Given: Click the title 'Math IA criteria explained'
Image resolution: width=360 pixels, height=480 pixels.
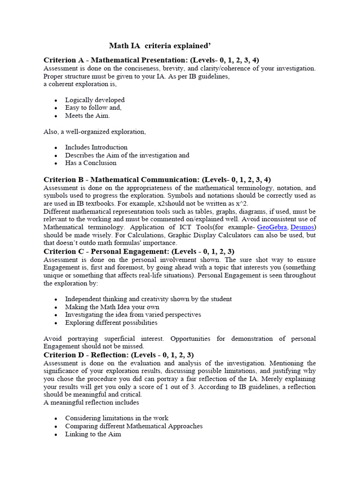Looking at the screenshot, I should [x=160, y=45].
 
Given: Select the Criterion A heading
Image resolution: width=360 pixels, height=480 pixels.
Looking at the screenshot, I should [x=151, y=60].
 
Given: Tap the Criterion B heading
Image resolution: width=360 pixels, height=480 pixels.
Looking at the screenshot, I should [x=157, y=180].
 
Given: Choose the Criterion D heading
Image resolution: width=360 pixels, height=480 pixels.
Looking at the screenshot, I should [x=118, y=355].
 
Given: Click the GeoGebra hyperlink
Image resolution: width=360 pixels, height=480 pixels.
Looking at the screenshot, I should [x=272, y=227].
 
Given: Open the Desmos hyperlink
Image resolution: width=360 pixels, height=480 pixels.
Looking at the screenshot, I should [x=302, y=227].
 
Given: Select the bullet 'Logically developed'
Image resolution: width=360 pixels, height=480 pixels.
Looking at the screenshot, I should [x=95, y=100].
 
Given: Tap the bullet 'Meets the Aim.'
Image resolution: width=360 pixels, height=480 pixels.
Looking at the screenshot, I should [x=88, y=116].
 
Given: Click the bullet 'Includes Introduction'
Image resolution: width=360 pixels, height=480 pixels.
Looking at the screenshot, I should [x=96, y=147].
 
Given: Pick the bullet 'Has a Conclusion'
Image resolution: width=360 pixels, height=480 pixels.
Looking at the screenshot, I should [x=90, y=163].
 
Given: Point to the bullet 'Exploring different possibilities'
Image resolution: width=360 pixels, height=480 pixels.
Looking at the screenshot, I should [x=111, y=322].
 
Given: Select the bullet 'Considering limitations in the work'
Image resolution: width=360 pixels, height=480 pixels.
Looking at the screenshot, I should [x=117, y=418].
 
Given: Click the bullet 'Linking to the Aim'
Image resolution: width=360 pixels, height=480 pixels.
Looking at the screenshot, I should [x=93, y=434].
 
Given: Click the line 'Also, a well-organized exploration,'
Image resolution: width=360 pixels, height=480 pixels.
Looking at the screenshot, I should [x=94, y=132].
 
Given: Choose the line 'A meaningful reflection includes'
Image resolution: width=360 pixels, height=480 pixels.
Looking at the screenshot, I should [x=91, y=402].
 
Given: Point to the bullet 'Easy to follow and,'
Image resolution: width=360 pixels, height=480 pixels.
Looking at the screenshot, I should [x=93, y=108].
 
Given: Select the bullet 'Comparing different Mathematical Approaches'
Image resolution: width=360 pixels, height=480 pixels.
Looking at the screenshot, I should [x=134, y=426].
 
